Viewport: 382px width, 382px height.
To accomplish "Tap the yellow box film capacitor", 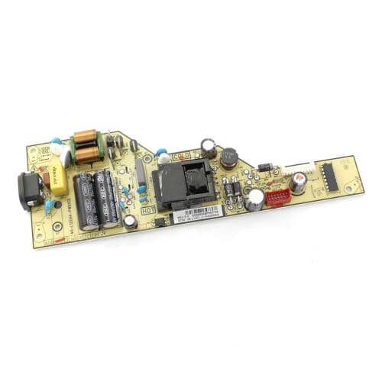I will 60,182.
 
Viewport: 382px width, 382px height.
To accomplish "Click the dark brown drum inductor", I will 229,158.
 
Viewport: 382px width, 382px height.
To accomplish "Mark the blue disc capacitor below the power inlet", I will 50,207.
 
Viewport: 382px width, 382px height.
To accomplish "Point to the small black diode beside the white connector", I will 264,167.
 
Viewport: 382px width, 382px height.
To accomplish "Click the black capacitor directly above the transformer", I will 208,147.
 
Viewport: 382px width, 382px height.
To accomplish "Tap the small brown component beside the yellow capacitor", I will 45,180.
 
